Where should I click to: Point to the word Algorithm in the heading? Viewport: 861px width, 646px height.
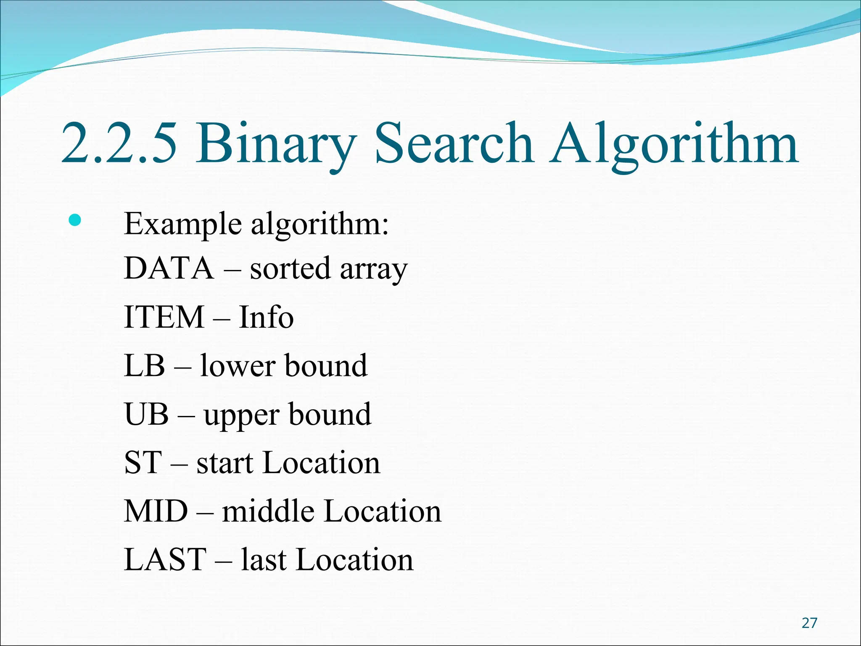pos(674,144)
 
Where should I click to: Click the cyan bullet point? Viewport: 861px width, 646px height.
pos(75,220)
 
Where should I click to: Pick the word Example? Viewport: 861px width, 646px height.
pos(183,224)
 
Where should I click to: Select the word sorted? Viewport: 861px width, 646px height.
pos(290,268)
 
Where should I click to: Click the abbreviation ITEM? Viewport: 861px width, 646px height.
pos(164,317)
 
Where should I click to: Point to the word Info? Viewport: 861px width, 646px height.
pos(266,317)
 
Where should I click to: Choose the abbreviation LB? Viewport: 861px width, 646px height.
pos(145,365)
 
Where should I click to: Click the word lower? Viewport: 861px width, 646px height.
pos(238,365)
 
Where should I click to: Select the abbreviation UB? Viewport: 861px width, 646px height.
pos(147,414)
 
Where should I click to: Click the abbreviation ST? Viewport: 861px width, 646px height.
pos(143,463)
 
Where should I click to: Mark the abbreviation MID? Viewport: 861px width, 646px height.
pos(156,511)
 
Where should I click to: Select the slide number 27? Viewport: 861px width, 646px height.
pos(809,623)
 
